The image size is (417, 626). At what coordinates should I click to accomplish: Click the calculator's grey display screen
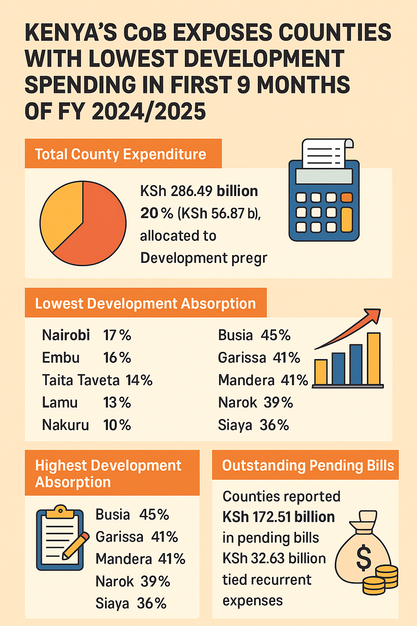[x=324, y=176]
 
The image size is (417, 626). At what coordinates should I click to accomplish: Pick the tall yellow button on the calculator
[x=347, y=219]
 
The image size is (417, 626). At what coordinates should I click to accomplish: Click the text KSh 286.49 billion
[x=199, y=191]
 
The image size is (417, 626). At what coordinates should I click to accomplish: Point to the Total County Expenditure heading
[x=121, y=154]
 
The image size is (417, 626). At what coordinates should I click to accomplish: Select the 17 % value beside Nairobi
[x=117, y=335]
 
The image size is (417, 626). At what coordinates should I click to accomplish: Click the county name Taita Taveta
[x=81, y=380]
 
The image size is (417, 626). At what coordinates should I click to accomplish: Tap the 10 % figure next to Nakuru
[x=117, y=425]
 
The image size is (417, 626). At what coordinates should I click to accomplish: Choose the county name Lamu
[x=60, y=403]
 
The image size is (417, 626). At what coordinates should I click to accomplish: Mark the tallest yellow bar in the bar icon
[x=373, y=359]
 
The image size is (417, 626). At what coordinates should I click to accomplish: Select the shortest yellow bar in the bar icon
[x=321, y=372]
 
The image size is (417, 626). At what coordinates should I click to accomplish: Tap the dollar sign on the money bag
[x=364, y=558]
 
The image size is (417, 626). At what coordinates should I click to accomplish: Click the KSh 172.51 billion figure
[x=279, y=517]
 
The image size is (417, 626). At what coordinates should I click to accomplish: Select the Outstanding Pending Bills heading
[x=308, y=465]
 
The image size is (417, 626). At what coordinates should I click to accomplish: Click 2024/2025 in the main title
[x=149, y=111]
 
